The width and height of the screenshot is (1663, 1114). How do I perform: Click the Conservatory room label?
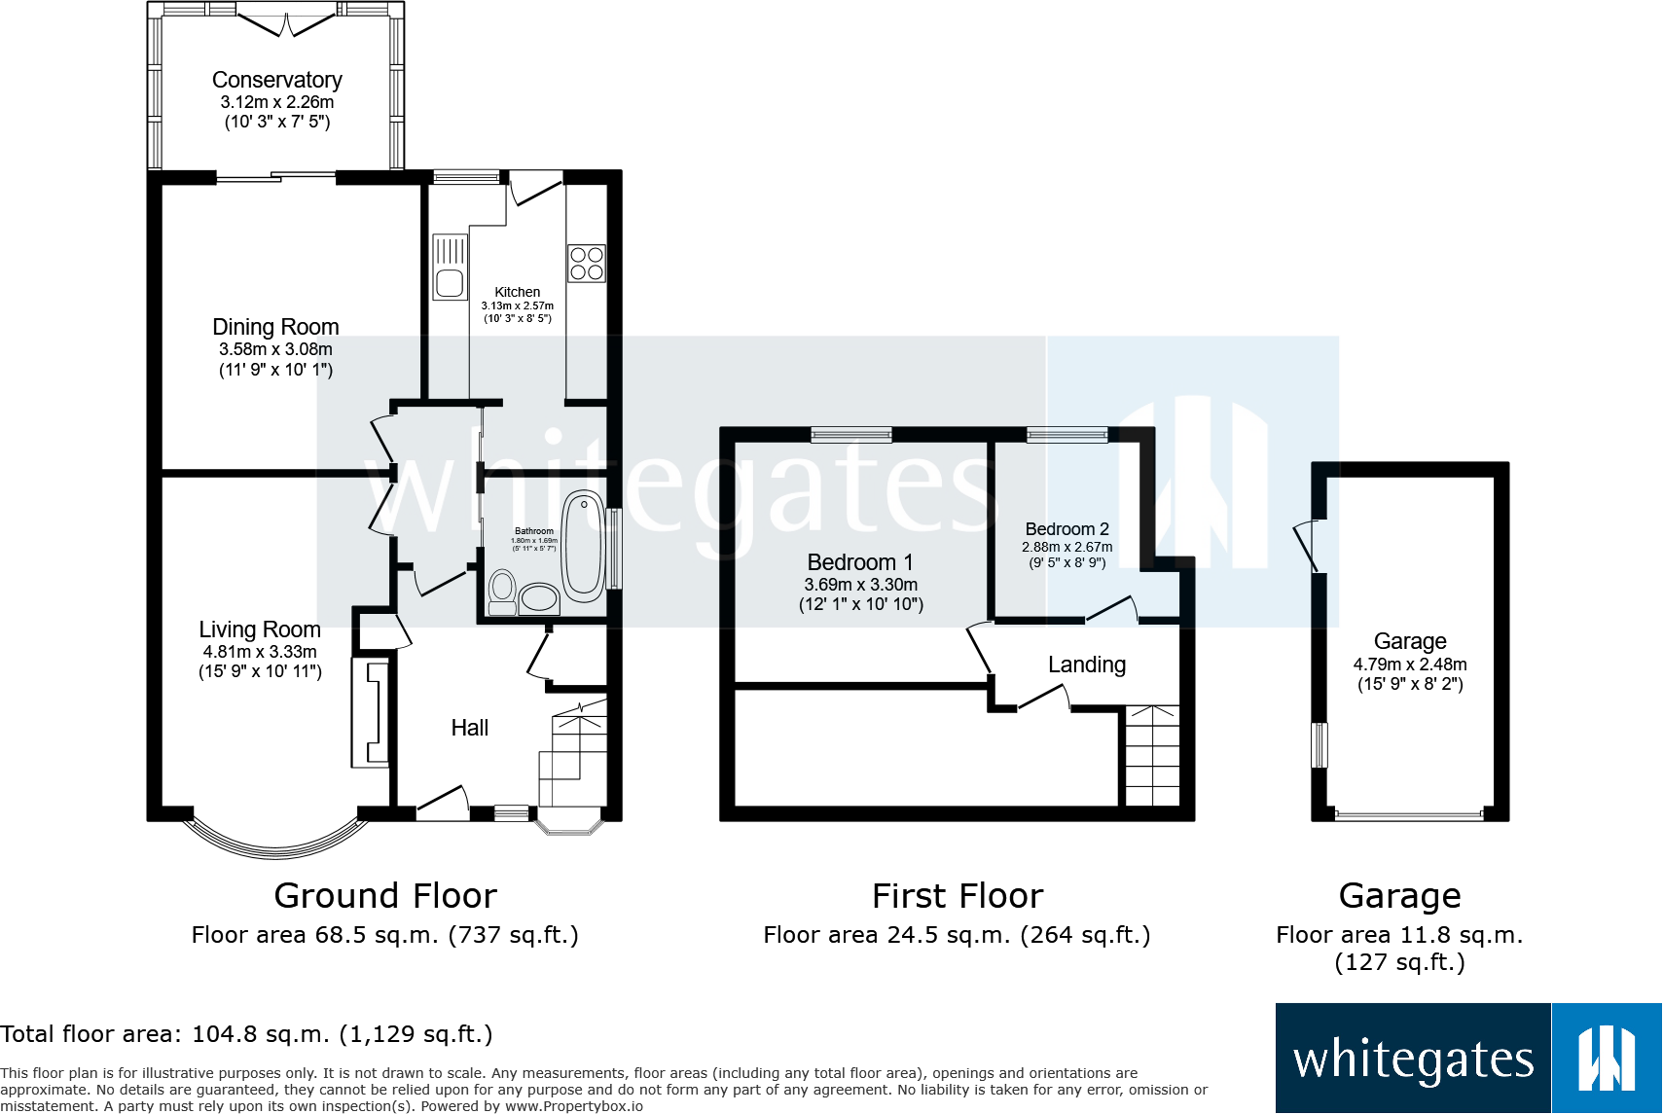(x=276, y=80)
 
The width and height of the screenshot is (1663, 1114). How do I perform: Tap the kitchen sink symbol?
(x=450, y=268)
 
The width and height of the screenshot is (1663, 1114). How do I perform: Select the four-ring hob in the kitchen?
(x=587, y=264)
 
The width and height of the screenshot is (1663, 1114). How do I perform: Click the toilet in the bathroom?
(x=502, y=591)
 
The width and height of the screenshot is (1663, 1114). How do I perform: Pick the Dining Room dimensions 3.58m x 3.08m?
(x=275, y=349)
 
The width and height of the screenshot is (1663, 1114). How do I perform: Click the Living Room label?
(x=260, y=629)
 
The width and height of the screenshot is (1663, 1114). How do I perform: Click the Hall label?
(x=470, y=728)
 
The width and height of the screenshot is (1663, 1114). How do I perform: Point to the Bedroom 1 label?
(x=860, y=562)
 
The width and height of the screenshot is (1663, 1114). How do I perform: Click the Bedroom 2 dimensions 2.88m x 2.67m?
(x=1066, y=548)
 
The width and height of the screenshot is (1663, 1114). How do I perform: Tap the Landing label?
(x=1086, y=665)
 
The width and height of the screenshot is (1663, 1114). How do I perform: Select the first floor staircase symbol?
(x=1152, y=756)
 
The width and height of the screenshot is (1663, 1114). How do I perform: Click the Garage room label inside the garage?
(x=1410, y=641)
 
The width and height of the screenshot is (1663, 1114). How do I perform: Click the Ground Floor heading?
(x=385, y=895)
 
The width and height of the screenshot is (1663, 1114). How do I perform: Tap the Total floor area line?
(x=246, y=1033)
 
